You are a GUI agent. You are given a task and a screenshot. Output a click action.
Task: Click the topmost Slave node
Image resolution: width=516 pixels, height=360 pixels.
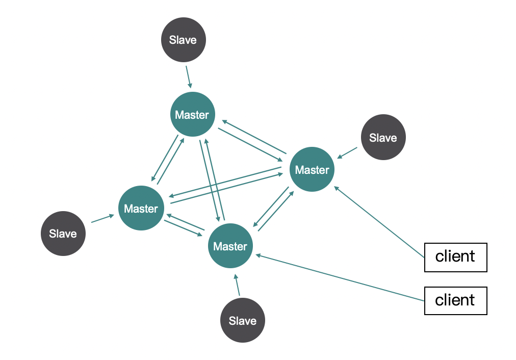click(184, 40)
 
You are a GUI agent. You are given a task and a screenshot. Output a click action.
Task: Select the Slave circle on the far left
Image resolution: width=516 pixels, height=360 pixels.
click(63, 234)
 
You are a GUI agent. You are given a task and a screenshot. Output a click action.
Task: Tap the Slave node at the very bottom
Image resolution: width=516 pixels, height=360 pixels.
click(242, 321)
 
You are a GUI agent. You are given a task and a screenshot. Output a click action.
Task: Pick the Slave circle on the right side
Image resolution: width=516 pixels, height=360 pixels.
click(383, 138)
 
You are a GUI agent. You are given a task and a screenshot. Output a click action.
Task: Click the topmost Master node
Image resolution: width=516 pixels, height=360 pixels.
click(192, 115)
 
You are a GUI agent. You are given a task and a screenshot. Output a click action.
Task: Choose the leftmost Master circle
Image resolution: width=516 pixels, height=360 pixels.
click(141, 209)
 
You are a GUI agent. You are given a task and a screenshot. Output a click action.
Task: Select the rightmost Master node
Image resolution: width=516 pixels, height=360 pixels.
click(312, 169)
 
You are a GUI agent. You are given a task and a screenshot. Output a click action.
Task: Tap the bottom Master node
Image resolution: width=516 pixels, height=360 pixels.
click(230, 246)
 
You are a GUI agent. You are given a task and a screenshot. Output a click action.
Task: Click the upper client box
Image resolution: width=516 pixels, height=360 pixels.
click(455, 256)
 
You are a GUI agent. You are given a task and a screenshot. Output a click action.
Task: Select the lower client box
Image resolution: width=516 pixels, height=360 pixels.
click(455, 300)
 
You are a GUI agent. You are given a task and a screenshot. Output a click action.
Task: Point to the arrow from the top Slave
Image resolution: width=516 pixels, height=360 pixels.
click(188, 76)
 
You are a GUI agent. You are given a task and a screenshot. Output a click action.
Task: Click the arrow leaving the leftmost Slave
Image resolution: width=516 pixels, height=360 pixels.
click(102, 219)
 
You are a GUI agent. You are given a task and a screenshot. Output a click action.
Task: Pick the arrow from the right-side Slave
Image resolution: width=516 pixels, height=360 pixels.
click(347, 152)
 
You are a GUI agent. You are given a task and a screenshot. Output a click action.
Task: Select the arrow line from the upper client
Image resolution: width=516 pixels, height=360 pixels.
click(379, 221)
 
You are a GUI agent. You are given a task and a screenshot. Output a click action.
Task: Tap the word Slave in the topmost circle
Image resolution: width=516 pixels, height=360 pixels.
click(183, 40)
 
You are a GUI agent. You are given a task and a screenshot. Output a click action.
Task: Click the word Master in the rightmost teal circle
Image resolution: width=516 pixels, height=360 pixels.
click(312, 170)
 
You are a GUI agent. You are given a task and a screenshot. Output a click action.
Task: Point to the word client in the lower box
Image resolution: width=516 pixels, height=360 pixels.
click(455, 300)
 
